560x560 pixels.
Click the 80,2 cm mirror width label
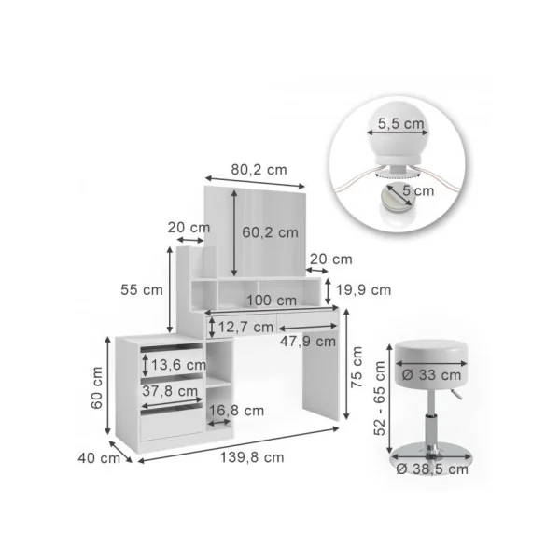click(259, 170)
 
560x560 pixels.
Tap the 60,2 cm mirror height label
click(270, 232)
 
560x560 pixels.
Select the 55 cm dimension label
click(142, 289)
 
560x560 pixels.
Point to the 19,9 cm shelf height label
click(364, 289)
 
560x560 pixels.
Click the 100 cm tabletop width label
click(272, 301)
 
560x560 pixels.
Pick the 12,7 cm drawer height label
click(245, 327)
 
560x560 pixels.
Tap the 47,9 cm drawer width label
click(308, 342)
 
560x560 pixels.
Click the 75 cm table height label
click(357, 367)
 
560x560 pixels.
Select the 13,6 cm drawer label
click(178, 365)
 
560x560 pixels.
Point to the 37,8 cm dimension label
click(170, 391)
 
